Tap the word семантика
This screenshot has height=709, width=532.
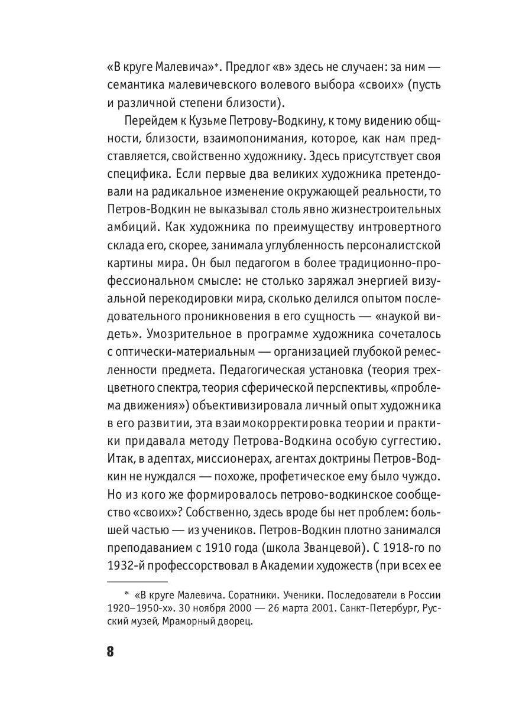[x=135, y=83]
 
